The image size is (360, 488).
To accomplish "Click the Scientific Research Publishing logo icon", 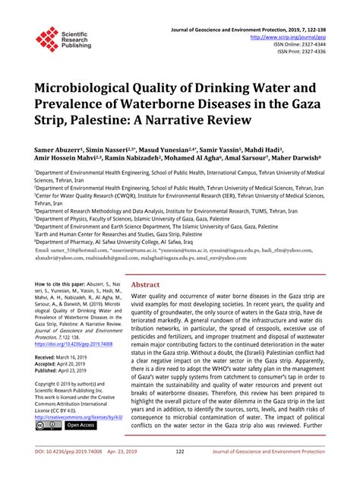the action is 46,39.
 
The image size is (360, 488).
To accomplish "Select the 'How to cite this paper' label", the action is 62,281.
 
